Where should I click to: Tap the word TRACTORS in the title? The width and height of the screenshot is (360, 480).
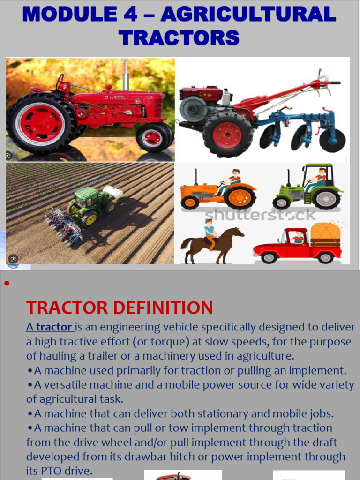click(x=179, y=37)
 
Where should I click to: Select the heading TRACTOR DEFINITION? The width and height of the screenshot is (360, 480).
click(x=120, y=308)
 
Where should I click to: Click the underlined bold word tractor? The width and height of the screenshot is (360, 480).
click(x=54, y=327)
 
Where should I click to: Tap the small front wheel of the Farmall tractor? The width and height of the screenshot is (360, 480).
click(x=152, y=137)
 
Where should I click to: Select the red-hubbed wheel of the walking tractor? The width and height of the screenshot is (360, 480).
click(x=227, y=135)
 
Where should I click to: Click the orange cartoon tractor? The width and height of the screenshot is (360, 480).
click(x=218, y=190)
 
